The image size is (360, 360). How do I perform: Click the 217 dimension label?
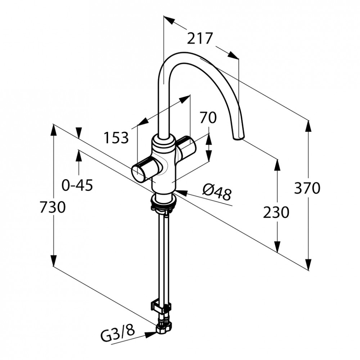click(x=199, y=39)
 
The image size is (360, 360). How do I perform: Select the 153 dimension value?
click(x=116, y=138)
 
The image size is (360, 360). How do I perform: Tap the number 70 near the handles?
click(x=208, y=117)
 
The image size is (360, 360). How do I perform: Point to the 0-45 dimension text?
click(x=77, y=185)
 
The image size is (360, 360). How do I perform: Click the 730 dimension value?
click(x=53, y=207)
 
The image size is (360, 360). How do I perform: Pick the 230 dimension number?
click(x=276, y=212)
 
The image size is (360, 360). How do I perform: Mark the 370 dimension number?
click(x=307, y=188)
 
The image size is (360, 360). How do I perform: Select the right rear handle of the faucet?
click(x=186, y=145)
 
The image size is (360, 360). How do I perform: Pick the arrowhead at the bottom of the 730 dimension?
click(x=53, y=261)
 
